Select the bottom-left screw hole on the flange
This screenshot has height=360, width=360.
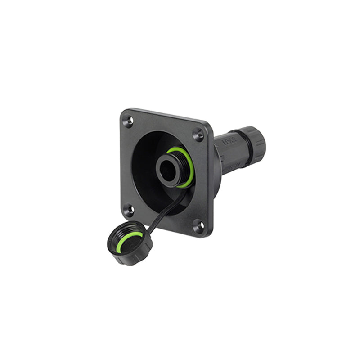click(x=128, y=210)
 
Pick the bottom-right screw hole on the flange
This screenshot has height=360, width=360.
click(x=198, y=227)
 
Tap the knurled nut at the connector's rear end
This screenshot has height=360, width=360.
click(x=252, y=145)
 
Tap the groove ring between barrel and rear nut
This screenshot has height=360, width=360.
click(x=237, y=148)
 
